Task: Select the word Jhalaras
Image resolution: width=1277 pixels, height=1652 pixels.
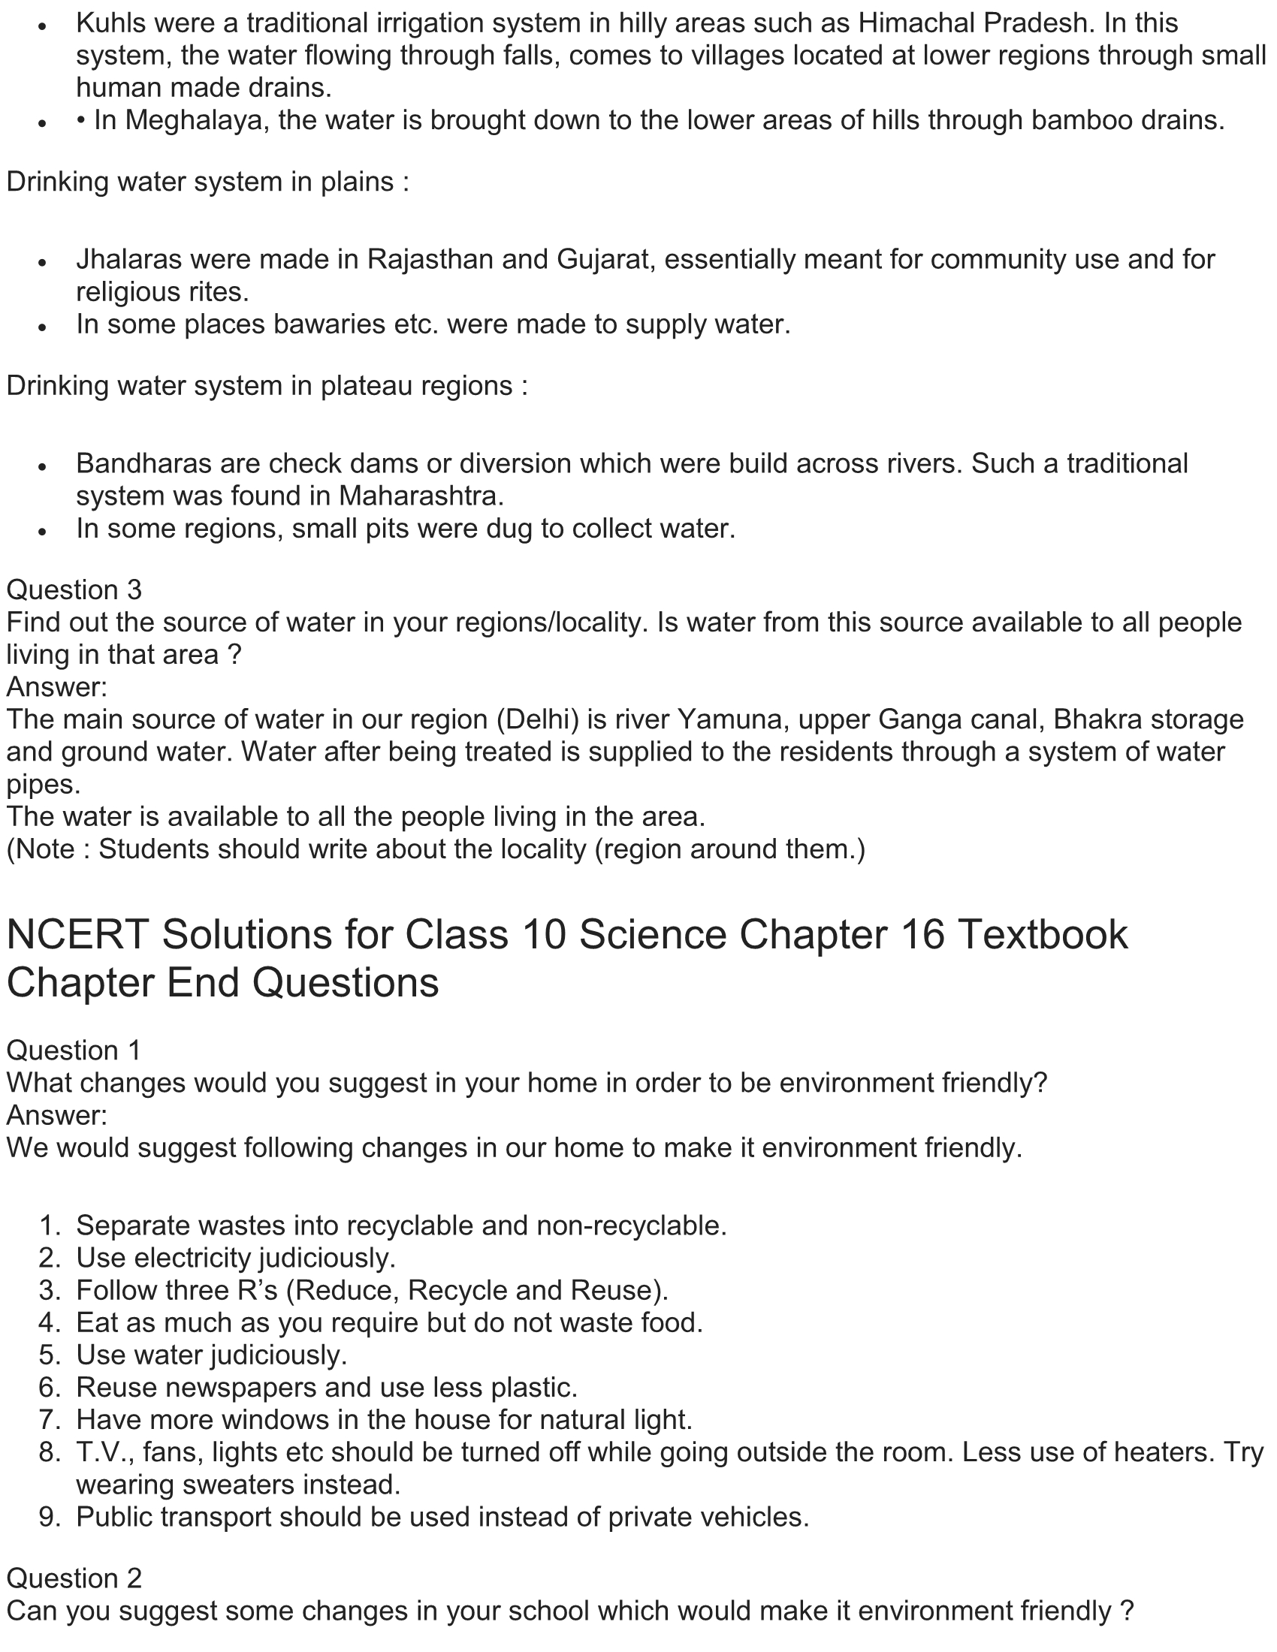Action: click(128, 260)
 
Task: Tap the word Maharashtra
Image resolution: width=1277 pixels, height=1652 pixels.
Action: click(421, 496)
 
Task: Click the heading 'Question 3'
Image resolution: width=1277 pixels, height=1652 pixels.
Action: click(74, 590)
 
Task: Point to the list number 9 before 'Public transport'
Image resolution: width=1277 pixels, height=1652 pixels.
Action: click(49, 1517)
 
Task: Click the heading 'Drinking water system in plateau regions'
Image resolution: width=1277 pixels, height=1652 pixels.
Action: click(267, 387)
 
